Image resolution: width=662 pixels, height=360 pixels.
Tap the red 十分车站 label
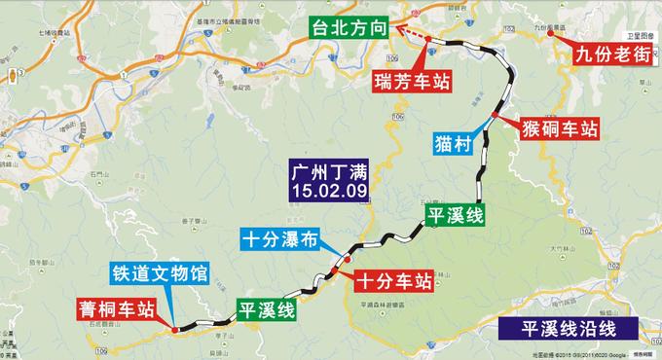[x=392, y=282]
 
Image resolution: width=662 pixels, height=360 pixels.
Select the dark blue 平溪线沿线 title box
[x=565, y=330]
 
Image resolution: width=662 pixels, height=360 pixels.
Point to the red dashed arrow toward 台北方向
[x=416, y=38]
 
